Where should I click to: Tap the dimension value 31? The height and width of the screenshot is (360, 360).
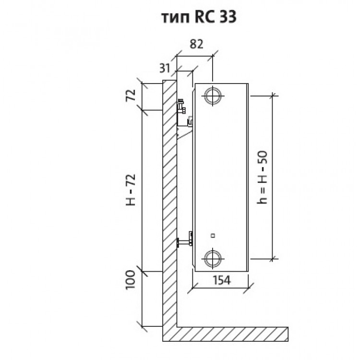coord(164,68)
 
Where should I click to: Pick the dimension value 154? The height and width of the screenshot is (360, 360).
coord(221,280)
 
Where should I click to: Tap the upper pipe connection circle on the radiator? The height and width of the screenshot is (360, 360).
coord(212,95)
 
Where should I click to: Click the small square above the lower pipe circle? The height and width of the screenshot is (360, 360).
coord(212,235)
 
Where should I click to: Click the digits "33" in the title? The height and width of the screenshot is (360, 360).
coord(226,18)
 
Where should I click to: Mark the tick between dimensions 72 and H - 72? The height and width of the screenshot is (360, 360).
coord(143,111)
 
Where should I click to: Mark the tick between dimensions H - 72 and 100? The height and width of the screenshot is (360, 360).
coord(143,271)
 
